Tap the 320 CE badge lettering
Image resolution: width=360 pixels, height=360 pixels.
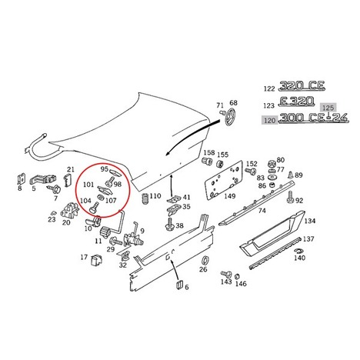click(x=302, y=86)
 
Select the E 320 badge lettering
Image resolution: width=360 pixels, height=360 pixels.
click(x=296, y=102)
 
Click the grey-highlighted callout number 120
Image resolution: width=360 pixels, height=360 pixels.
click(x=269, y=120)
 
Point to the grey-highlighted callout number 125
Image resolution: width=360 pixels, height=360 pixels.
click(x=328, y=108)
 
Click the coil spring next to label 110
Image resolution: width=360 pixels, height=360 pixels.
click(x=145, y=198)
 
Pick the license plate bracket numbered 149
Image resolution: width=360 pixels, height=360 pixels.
click(x=223, y=180)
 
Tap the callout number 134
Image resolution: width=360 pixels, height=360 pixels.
click(x=310, y=221)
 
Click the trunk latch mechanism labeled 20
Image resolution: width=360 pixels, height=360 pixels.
click(x=69, y=210)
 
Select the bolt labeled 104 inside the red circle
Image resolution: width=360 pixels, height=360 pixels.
click(x=94, y=208)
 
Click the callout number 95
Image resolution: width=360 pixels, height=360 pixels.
click(x=105, y=169)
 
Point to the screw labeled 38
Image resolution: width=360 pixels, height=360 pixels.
click(x=169, y=225)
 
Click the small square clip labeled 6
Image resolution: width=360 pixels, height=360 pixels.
click(x=178, y=285)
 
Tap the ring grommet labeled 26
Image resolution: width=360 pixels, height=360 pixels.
click(x=205, y=260)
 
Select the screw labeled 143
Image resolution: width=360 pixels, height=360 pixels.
click(x=226, y=274)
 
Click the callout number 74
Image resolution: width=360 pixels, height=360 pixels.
click(x=262, y=211)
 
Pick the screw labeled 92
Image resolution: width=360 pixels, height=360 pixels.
click(x=291, y=197)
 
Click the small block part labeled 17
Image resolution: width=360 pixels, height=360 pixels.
click(x=96, y=260)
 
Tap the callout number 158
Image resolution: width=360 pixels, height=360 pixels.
click(x=209, y=152)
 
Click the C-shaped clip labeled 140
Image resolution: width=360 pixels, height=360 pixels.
click(x=298, y=251)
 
